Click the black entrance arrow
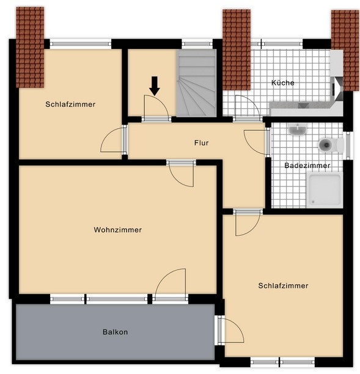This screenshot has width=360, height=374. (154, 86)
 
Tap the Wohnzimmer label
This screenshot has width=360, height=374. (118, 230)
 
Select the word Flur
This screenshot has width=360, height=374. (201, 143)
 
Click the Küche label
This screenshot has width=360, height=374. (283, 82)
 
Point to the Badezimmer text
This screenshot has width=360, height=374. (307, 166)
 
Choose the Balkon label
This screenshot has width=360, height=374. (115, 332)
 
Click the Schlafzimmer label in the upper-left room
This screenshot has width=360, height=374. (70, 105)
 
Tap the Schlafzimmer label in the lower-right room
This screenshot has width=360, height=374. (283, 285)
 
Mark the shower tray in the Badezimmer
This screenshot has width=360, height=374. (325, 189)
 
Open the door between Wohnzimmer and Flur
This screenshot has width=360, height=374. (182, 174)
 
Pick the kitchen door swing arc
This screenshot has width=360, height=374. (246, 105)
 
